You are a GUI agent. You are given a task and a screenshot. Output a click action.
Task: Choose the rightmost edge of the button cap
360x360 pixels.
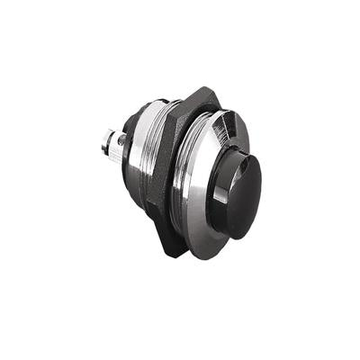(262, 184)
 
